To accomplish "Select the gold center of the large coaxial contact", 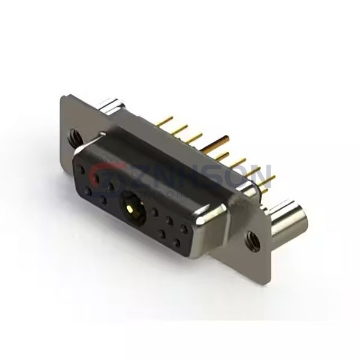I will [x=130, y=209].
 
